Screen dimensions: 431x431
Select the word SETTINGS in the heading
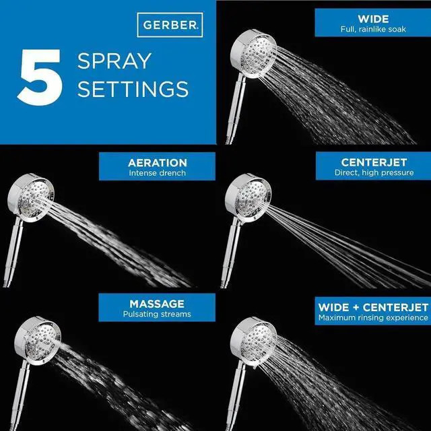pyautogui.click(x=133, y=89)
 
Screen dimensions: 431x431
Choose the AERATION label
pyautogui.click(x=157, y=163)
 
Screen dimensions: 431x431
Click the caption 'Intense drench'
pyautogui.click(x=157, y=173)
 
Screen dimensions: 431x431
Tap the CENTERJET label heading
pyautogui.click(x=372, y=162)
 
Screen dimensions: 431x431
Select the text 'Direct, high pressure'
pyautogui.click(x=372, y=172)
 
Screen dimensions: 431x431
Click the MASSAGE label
pyautogui.click(x=157, y=304)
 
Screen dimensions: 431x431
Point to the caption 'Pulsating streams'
pyautogui.click(x=157, y=314)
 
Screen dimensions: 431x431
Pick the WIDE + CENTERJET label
pyautogui.click(x=372, y=307)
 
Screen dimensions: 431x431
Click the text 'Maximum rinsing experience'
pyautogui.click(x=372, y=317)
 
